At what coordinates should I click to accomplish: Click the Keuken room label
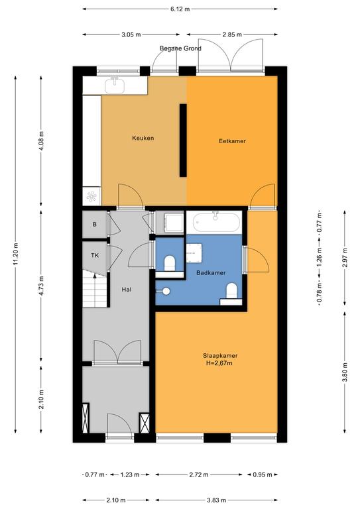click(x=143, y=138)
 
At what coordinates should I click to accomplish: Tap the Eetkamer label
click(x=232, y=141)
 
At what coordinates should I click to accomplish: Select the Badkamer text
click(x=211, y=272)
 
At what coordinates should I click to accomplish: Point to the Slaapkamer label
click(x=220, y=355)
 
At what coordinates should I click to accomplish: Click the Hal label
click(x=127, y=289)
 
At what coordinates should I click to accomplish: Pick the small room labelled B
click(x=94, y=224)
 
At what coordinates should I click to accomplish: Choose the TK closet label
click(x=95, y=255)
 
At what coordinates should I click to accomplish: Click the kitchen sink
click(x=115, y=85)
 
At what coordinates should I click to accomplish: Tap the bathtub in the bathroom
click(x=217, y=222)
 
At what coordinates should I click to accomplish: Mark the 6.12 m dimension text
click(x=180, y=9)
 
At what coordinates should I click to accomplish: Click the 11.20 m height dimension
click(x=16, y=254)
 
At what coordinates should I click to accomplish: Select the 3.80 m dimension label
click(x=345, y=372)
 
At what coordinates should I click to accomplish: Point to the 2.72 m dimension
click(x=199, y=475)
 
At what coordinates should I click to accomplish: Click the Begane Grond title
click(x=180, y=48)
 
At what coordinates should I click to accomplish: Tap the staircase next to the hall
click(x=94, y=289)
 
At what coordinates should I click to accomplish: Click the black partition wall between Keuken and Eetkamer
click(x=183, y=141)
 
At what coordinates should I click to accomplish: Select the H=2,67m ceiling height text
click(x=219, y=363)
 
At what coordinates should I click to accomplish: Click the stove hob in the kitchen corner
click(x=91, y=196)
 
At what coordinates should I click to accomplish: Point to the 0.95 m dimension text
click(x=263, y=475)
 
